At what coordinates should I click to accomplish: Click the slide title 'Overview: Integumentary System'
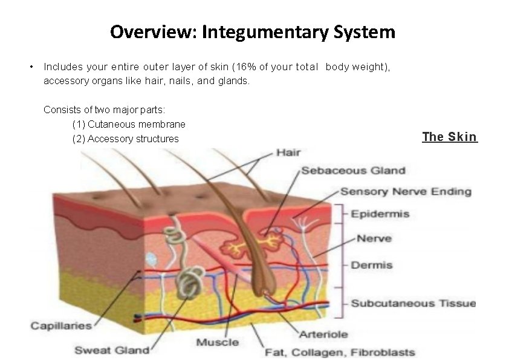(x=253, y=31)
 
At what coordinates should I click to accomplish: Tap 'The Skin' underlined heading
(x=449, y=137)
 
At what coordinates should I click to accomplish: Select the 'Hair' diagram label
(x=288, y=152)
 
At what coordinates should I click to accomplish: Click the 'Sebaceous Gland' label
(x=353, y=171)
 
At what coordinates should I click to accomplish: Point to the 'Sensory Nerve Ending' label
(x=406, y=192)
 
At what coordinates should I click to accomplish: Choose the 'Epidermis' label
(x=380, y=214)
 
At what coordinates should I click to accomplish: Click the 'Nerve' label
(x=374, y=238)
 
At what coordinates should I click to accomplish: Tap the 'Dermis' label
(x=371, y=265)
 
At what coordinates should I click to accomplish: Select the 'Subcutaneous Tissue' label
(x=413, y=303)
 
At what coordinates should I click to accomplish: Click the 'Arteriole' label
(x=323, y=335)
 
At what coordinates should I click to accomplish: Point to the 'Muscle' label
(x=217, y=342)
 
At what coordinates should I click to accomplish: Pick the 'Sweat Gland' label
(x=112, y=350)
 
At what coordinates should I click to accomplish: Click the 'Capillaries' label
(x=61, y=326)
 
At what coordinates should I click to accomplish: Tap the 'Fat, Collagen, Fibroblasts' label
(x=347, y=352)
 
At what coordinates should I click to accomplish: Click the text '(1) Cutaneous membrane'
(x=128, y=124)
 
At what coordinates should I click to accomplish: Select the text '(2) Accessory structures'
(x=125, y=139)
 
